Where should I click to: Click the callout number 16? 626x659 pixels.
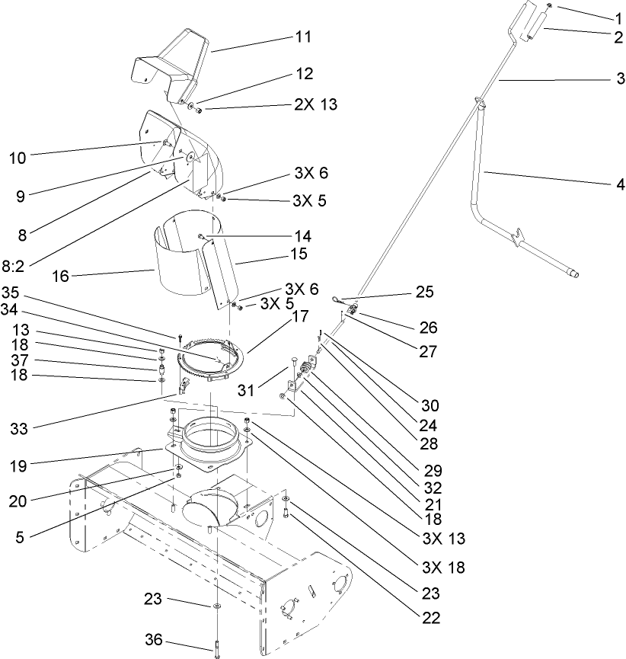61,277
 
